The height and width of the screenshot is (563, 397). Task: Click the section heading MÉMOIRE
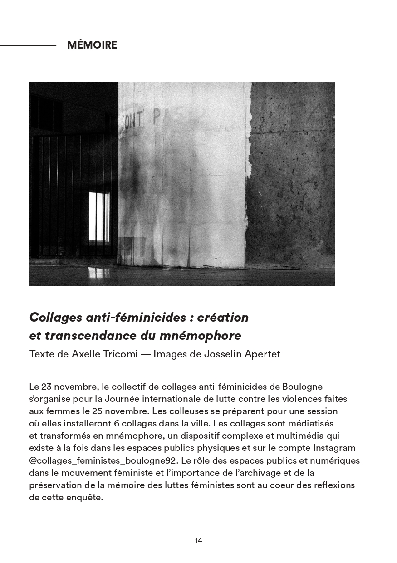click(x=92, y=45)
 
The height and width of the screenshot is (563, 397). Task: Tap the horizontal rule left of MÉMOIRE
click(x=28, y=45)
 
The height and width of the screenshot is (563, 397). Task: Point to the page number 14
click(x=198, y=540)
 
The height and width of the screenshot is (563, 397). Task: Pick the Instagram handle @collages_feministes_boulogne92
click(x=103, y=460)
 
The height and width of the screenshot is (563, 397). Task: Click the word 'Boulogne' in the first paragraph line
click(x=302, y=387)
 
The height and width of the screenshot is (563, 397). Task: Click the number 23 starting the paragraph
click(x=47, y=387)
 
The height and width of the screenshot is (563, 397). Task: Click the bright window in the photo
click(x=99, y=217)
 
